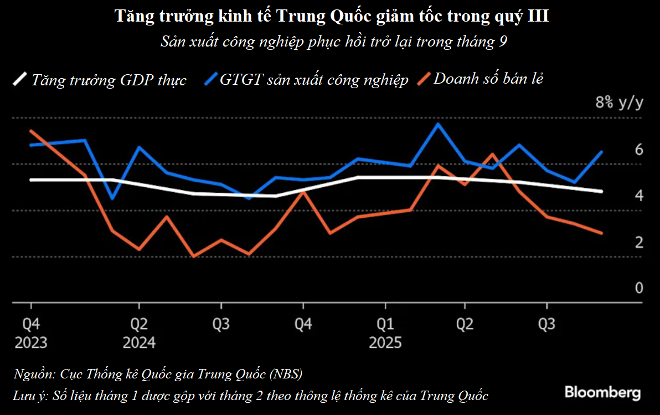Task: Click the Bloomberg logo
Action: (x=602, y=393)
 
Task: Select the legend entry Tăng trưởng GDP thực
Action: (x=109, y=80)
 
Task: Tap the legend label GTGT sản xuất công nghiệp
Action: (x=314, y=80)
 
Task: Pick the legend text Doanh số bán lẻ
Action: (x=488, y=79)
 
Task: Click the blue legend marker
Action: (x=210, y=79)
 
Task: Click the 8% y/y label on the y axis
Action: (x=619, y=103)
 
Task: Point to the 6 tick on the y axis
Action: (x=638, y=149)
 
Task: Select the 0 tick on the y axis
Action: (x=638, y=288)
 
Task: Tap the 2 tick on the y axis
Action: (x=638, y=242)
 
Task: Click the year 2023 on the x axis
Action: (x=31, y=342)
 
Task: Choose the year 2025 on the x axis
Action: (x=385, y=342)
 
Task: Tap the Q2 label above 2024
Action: (x=138, y=324)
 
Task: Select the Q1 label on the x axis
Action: (x=385, y=324)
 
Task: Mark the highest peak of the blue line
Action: (x=438, y=124)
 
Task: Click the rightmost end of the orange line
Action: (x=602, y=233)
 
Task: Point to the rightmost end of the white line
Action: (x=602, y=192)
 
